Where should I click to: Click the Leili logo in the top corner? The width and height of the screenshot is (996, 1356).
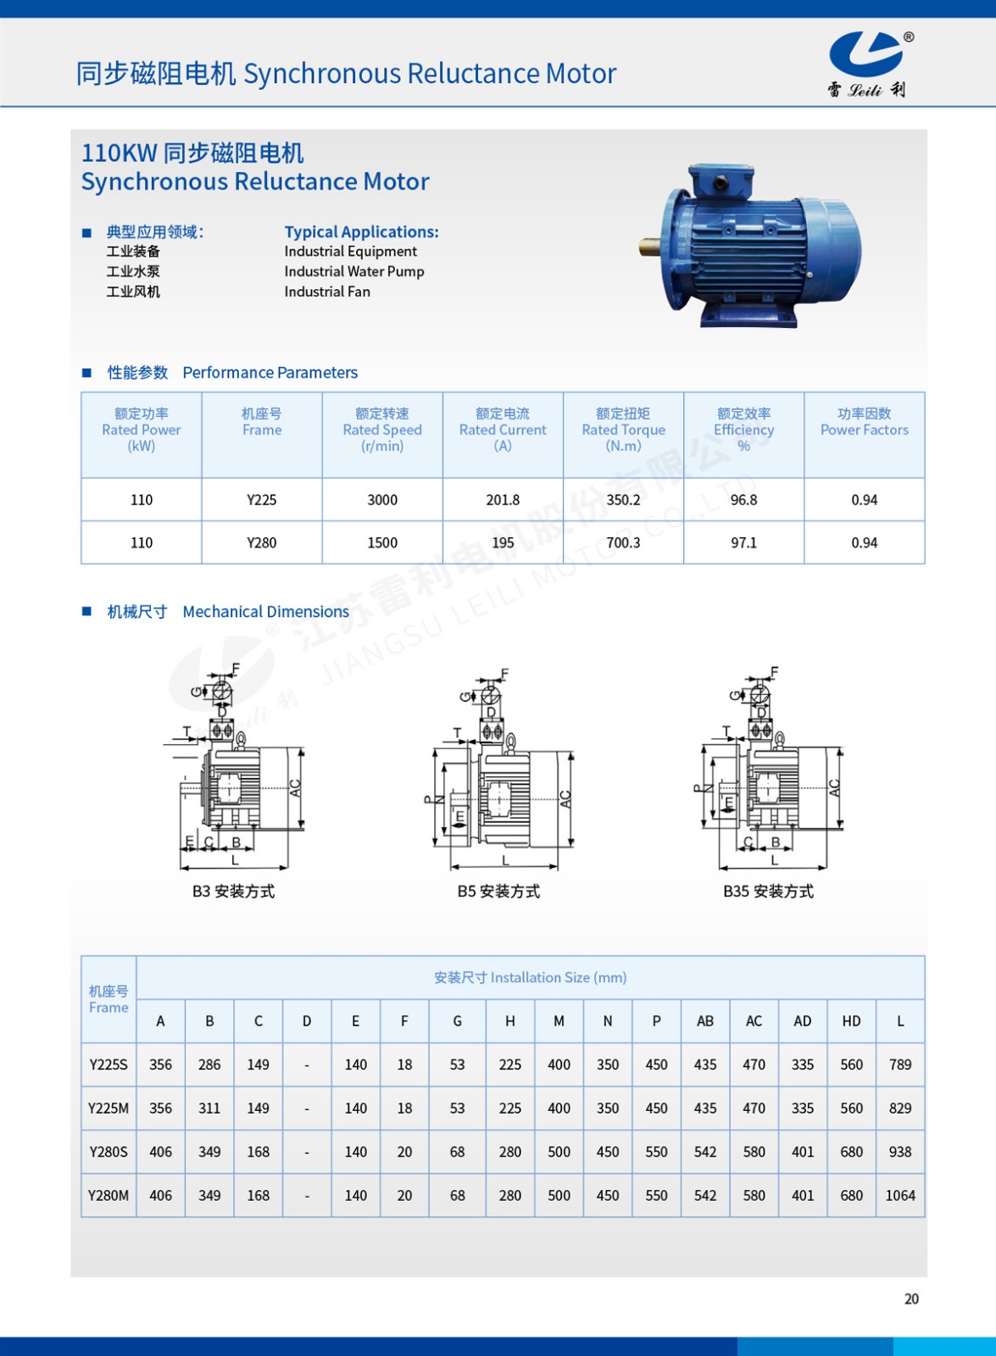(x=867, y=64)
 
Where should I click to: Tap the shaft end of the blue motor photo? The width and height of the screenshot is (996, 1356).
(x=650, y=247)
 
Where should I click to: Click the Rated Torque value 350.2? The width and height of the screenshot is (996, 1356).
(x=623, y=500)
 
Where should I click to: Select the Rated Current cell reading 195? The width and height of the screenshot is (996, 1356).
(x=503, y=542)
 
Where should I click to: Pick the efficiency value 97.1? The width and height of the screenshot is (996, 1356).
(x=743, y=542)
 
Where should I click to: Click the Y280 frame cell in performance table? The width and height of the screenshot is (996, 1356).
(x=261, y=542)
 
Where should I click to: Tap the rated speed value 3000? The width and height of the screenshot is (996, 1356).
(x=382, y=500)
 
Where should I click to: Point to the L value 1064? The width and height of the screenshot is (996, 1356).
(x=900, y=1196)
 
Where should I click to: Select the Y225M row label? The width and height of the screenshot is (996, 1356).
(x=109, y=1109)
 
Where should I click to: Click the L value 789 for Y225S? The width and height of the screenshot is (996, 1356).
(x=900, y=1064)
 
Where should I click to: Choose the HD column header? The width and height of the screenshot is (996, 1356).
(x=851, y=1021)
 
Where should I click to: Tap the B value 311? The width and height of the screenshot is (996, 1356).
(x=209, y=1109)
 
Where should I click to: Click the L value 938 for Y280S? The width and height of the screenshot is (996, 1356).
(x=900, y=1152)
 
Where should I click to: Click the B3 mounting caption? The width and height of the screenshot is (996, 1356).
(x=233, y=892)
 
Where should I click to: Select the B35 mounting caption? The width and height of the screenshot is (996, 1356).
(x=768, y=892)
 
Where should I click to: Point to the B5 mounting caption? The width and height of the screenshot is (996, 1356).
(x=498, y=892)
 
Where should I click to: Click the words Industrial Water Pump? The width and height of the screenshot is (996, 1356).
(x=354, y=271)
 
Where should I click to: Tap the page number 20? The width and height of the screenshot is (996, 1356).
(x=911, y=1298)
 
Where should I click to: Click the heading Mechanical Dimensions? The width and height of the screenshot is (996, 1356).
(x=265, y=612)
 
